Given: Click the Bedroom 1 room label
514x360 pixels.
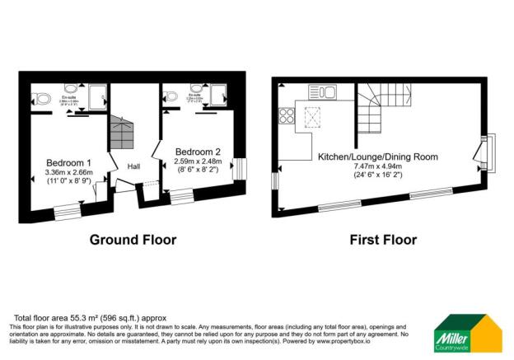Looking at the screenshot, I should (x=68, y=161).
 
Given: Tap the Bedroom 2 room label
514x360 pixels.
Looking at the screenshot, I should (x=199, y=151).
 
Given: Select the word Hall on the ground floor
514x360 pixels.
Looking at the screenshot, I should (x=133, y=166).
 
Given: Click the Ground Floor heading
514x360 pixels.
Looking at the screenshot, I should (x=133, y=241).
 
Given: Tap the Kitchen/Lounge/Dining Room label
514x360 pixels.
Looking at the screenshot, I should (x=377, y=156).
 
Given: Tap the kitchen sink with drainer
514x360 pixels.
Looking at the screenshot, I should (x=321, y=91).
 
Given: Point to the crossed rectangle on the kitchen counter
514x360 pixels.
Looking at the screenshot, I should (x=314, y=119).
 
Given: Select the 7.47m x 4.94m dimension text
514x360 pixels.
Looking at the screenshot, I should (x=377, y=166).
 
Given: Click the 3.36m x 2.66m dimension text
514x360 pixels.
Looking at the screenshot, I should (x=68, y=172).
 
